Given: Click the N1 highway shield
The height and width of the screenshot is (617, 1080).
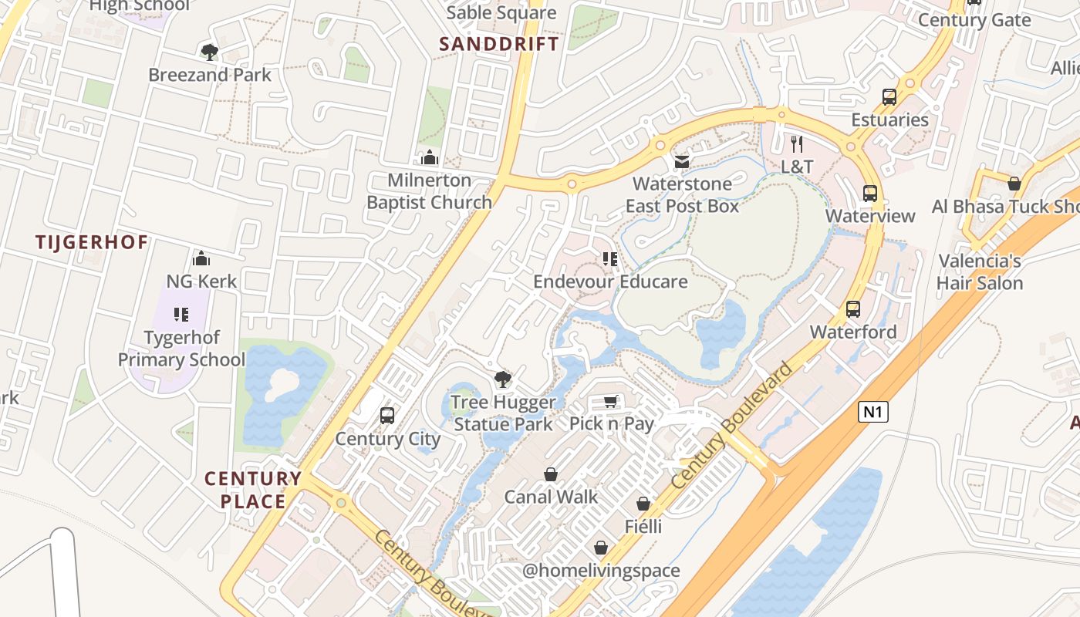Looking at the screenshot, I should pos(872,412).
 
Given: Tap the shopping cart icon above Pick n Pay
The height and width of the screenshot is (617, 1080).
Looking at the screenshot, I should pos(611,401).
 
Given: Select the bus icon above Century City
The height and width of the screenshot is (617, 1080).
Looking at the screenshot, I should pos(387,416).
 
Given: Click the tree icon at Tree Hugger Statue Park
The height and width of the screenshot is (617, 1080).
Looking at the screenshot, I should pos(503,379).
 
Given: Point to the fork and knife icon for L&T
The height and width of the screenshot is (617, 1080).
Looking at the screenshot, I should pos(797,143).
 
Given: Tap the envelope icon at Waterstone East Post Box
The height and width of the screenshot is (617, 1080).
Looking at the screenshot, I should pos(682,161).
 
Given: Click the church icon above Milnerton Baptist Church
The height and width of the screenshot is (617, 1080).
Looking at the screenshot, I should pos(430,157).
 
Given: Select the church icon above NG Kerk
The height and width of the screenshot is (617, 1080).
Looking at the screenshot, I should pos(201,258).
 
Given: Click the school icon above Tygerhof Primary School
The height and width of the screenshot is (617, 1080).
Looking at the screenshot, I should pos(181,315).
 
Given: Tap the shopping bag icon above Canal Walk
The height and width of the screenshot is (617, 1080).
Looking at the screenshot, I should pos(551,474).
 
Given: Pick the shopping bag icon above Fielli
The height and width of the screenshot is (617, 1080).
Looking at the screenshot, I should pos(643,504).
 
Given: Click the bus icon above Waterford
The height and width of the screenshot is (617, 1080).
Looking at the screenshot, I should pos(853,309).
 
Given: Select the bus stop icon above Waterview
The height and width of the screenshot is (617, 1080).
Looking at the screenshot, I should pos(870,193).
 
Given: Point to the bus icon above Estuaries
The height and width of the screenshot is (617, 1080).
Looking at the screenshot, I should pos(889,97).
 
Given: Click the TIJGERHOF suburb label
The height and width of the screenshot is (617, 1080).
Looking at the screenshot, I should pos(92,242).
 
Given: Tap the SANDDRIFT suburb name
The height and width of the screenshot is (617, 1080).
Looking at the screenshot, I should pos(499,44).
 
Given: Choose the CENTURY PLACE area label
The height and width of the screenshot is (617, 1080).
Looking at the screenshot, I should pos(253,490).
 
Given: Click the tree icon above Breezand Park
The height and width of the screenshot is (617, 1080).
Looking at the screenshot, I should pos(209,52).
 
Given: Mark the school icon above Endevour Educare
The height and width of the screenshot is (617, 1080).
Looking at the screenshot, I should pos(610,258).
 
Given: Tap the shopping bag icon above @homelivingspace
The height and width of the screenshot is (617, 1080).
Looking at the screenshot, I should pos(601,548).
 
